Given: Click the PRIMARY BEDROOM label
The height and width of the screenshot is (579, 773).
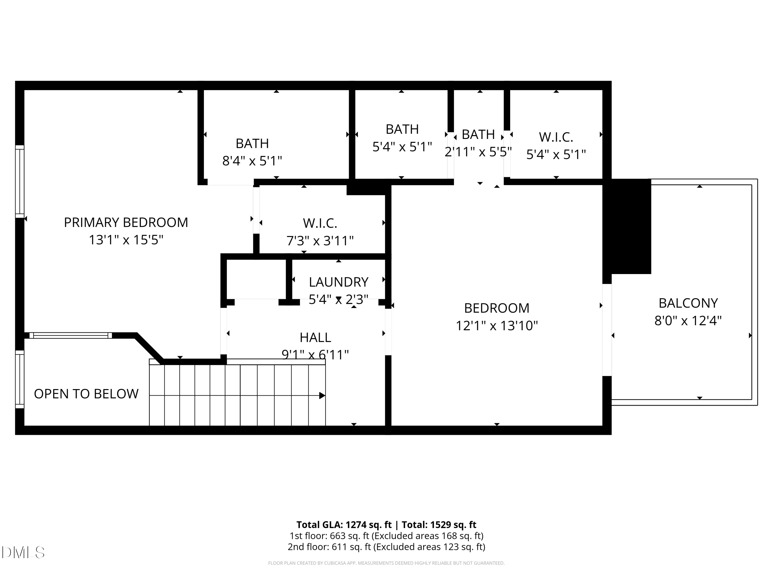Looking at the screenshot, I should (x=126, y=223).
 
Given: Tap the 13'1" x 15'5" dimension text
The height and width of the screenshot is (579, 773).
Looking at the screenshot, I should (x=126, y=240).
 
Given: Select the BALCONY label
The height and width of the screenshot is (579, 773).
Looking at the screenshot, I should (x=688, y=303).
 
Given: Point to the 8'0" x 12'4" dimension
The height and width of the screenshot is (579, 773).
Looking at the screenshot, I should (x=688, y=320).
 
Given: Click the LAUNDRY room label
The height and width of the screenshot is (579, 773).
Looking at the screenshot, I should (x=338, y=282).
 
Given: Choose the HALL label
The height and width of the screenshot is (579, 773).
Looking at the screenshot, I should (x=315, y=337).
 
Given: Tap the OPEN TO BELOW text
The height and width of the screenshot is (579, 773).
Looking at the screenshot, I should (x=86, y=394).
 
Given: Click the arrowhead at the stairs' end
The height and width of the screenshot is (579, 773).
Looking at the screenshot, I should (x=322, y=396).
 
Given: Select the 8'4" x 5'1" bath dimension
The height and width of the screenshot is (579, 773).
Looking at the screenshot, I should (x=252, y=161).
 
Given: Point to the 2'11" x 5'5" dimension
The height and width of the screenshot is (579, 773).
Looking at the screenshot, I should (x=478, y=152).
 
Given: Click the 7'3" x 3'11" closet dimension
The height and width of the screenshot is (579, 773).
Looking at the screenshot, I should (x=320, y=241).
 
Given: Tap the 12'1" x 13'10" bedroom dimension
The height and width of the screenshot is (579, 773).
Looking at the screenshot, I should (x=496, y=326).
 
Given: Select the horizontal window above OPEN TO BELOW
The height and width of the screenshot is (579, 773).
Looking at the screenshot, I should (x=71, y=335).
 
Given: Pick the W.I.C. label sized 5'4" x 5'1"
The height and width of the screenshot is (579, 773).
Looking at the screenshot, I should (x=556, y=137).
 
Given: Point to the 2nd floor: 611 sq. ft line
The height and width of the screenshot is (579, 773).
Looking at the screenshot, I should (x=386, y=547).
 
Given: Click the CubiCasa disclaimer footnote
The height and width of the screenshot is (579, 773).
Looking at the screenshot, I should (x=386, y=563).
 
